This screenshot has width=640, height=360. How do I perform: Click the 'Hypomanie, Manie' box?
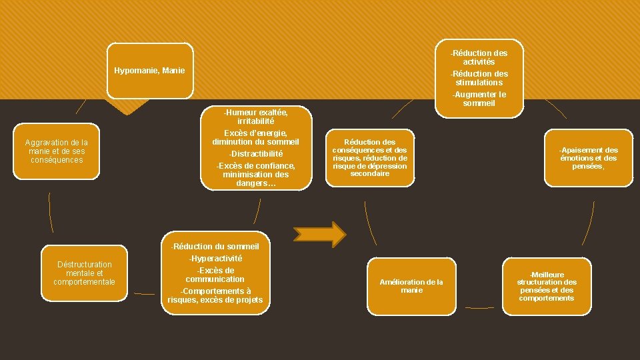(x=149, y=71)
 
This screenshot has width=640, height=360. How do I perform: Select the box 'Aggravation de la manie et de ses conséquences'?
(x=57, y=151)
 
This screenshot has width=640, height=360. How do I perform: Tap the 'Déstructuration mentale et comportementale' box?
(x=85, y=273)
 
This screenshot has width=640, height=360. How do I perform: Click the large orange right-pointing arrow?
(x=320, y=235)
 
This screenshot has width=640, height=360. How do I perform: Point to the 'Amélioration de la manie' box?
(x=411, y=286)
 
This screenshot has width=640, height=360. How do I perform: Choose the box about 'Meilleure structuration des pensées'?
(x=547, y=286)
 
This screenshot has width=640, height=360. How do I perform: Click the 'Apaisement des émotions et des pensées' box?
(x=588, y=158)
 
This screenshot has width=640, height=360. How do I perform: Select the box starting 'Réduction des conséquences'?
(x=369, y=158)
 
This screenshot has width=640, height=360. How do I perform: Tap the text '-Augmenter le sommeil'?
(x=479, y=99)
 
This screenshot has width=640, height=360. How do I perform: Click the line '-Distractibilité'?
(x=256, y=153)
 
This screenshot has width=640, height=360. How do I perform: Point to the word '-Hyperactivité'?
(x=215, y=258)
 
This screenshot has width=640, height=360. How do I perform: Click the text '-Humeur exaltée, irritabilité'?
(x=256, y=117)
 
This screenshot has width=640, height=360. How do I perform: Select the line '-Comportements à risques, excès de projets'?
(x=215, y=295)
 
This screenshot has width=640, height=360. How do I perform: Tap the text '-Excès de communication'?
(x=215, y=275)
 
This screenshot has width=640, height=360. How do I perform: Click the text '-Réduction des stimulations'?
(x=479, y=78)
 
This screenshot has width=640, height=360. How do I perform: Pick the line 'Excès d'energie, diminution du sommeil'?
(x=256, y=137)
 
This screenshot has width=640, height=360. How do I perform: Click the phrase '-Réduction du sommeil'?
(x=215, y=247)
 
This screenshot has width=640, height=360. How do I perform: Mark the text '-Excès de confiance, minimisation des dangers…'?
(x=256, y=174)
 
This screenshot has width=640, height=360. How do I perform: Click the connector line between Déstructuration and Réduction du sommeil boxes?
(x=144, y=293)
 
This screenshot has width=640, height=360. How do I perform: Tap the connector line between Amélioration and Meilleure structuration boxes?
(x=480, y=307)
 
